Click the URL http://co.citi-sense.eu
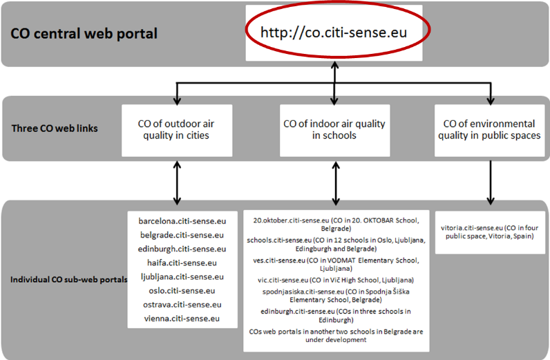coord(334,32)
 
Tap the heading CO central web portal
coord(84,34)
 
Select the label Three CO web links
coord(55,129)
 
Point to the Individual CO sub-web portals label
coord(69,280)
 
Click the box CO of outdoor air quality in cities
coord(177,130)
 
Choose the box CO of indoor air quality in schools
coord(334,130)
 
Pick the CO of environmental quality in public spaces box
coord(490,130)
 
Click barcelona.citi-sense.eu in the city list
coord(182,221)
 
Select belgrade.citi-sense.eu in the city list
coord(182,235)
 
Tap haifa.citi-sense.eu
coord(182,263)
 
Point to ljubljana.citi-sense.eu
coord(182,277)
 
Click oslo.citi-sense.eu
coord(182,290)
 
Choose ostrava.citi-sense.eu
coord(182,305)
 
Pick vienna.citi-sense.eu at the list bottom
coord(182,319)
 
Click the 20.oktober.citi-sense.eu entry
coord(336,225)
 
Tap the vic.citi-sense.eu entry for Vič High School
coord(336,280)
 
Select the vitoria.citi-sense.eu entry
coord(490,232)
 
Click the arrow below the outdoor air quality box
coord(177,183)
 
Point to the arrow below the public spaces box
coord(491,183)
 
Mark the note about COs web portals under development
coord(336,335)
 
